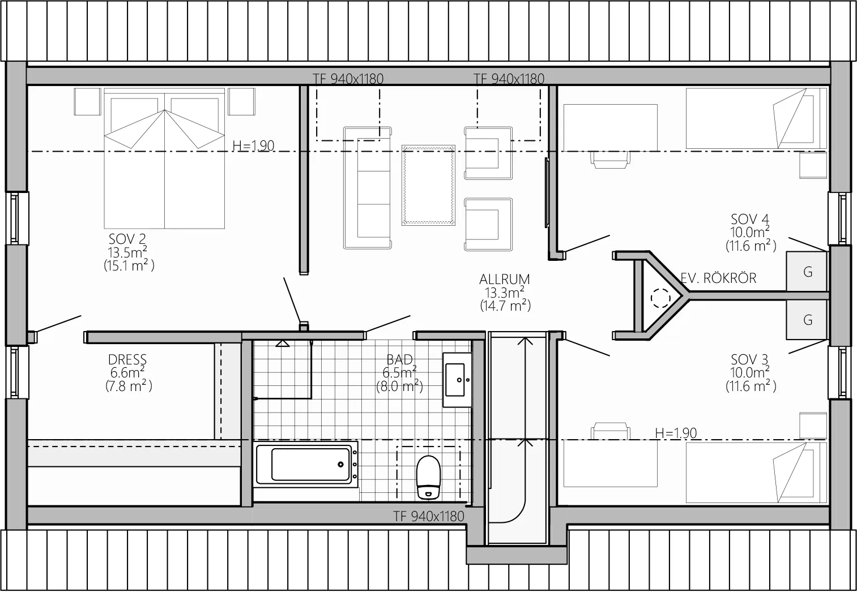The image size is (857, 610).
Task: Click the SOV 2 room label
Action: pyautogui.click(x=127, y=239)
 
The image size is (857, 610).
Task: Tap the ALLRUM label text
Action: pyautogui.click(x=505, y=280)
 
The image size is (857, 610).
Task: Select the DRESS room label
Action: pyautogui.click(x=127, y=360)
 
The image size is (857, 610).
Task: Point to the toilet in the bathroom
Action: pyautogui.click(x=428, y=478)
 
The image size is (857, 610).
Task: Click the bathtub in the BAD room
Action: pyautogui.click(x=307, y=465)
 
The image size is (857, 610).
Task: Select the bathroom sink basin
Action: pyautogui.click(x=457, y=380)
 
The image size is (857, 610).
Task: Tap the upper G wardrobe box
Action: pyautogui.click(x=807, y=272)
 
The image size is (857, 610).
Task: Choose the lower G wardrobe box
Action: pyautogui.click(x=807, y=320)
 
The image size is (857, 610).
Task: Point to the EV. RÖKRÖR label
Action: pyautogui.click(x=718, y=278)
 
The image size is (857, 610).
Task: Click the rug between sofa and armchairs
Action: pyautogui.click(x=428, y=185)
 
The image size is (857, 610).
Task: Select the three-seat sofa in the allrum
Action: pyautogui.click(x=367, y=188)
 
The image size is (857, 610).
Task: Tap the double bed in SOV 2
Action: pyautogui.click(x=164, y=158)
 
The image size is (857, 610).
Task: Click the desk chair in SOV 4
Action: pyautogui.click(x=610, y=160)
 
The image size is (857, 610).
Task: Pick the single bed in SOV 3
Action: pyautogui.click(x=756, y=473)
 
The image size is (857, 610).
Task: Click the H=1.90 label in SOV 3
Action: pyautogui.click(x=676, y=433)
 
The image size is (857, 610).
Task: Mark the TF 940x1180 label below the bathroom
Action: pyautogui.click(x=428, y=517)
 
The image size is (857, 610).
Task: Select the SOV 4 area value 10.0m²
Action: pyautogui.click(x=750, y=232)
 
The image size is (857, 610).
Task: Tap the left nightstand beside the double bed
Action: pyautogui.click(x=88, y=102)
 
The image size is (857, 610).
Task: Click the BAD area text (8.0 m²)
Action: pyautogui.click(x=399, y=386)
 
